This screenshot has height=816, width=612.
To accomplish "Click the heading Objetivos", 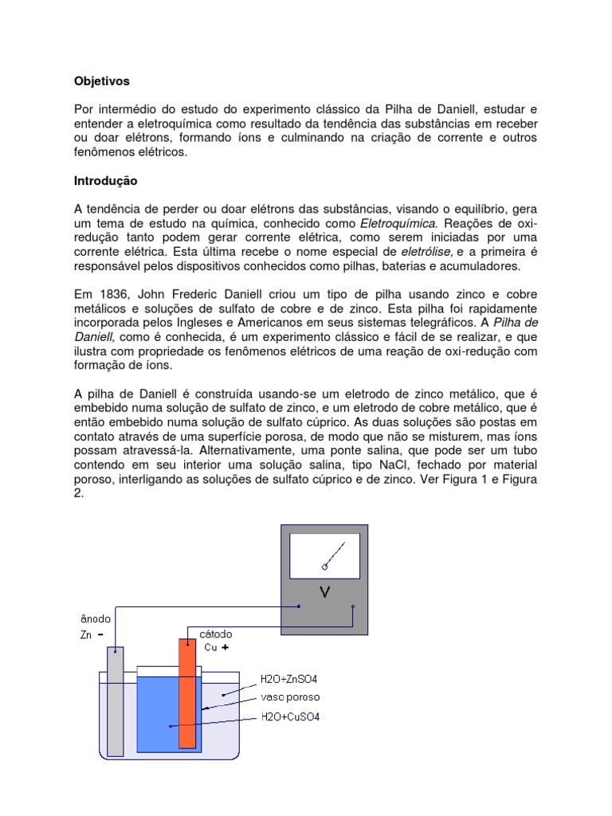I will tap(101, 81).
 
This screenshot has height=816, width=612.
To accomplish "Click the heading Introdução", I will tap(105, 181).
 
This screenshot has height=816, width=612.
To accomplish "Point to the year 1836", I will tap(112, 294).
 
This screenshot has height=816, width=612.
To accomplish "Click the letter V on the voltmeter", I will tap(324, 592).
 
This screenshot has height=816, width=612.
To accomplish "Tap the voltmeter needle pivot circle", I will tap(325, 567).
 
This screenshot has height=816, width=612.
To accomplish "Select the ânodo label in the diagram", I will tap(96, 618).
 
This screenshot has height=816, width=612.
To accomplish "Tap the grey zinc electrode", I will tap(116, 701).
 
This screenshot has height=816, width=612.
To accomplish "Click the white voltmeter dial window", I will tap(324, 555).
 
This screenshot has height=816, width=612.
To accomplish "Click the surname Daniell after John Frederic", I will tap(241, 294).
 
